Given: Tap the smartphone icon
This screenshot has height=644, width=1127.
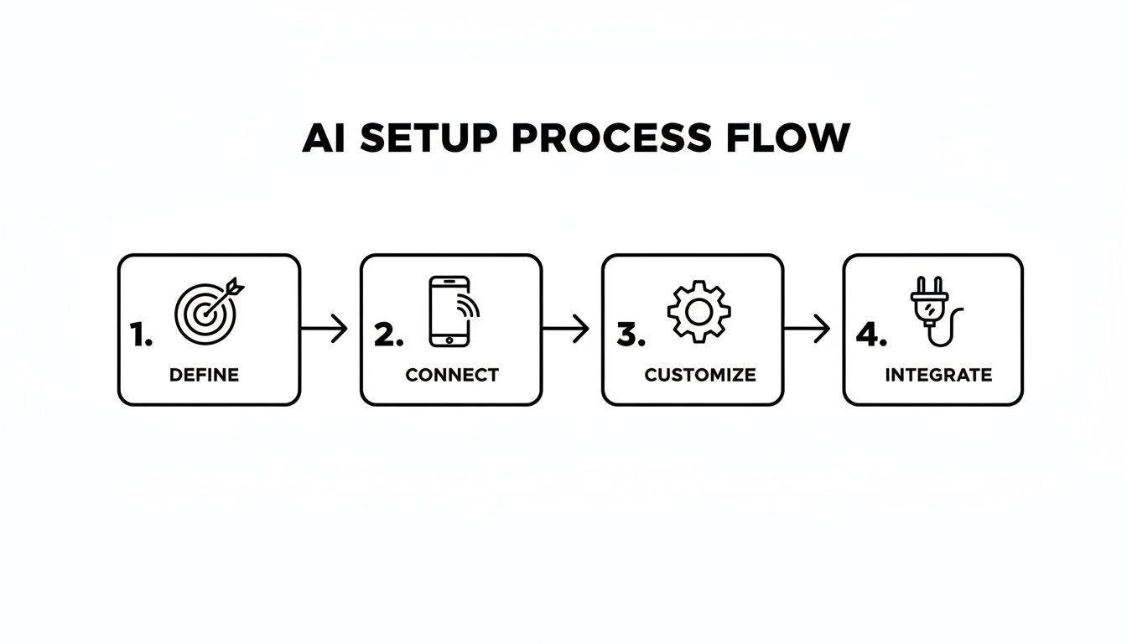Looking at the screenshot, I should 449,311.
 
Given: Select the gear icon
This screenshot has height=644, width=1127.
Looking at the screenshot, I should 699,311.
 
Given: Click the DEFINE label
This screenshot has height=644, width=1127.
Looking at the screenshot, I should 204,375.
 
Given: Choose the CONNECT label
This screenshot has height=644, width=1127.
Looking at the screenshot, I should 452,375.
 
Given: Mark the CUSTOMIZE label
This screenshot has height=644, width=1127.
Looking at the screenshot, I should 699,375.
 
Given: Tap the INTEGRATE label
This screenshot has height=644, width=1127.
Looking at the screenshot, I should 938,375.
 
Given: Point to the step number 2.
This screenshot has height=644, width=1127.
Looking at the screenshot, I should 387,335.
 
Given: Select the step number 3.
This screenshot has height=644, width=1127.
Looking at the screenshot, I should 631,335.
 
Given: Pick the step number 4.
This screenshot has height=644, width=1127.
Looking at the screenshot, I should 870,335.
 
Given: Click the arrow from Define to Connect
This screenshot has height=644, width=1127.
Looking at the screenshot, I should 325,329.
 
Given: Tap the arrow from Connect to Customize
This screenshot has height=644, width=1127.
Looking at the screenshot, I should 567,329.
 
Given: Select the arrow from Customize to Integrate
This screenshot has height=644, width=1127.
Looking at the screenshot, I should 808,329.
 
